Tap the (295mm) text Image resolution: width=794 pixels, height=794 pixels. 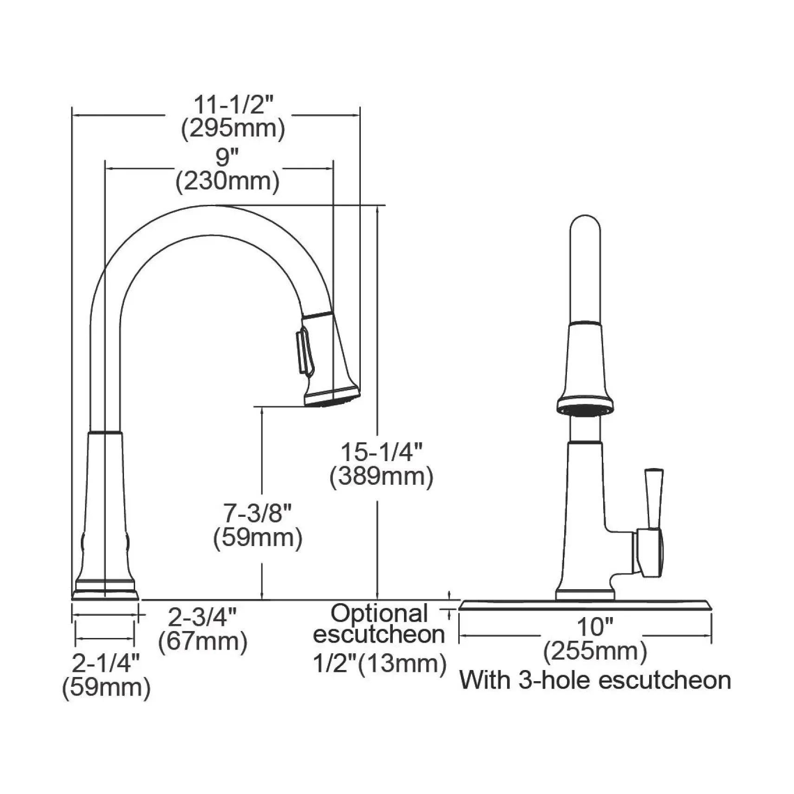(x=233, y=129)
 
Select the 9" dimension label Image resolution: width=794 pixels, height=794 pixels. (x=227, y=158)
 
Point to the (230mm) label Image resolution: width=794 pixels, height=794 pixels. (x=228, y=181)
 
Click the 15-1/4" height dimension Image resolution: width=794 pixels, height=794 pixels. (x=382, y=452)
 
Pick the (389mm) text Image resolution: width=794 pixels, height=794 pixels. (x=381, y=476)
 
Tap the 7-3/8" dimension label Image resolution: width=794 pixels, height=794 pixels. (x=258, y=514)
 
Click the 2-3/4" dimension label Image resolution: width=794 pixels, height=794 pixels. (x=202, y=617)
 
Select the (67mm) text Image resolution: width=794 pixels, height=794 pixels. (x=202, y=642)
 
